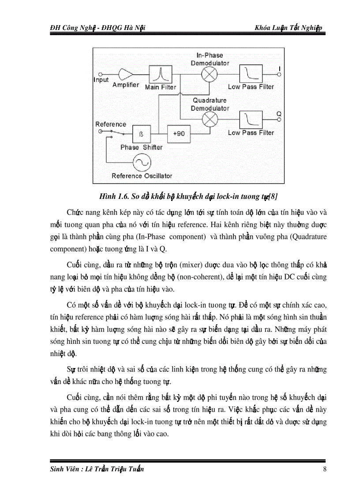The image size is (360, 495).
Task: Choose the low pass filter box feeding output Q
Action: click(x=251, y=119)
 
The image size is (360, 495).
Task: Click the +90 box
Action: click(x=178, y=133)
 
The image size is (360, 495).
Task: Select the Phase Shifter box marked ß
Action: click(x=142, y=133)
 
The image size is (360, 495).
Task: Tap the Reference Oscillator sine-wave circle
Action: click(x=142, y=163)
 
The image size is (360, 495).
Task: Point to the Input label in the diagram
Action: click(x=101, y=80)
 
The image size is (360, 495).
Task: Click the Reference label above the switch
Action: click(x=111, y=124)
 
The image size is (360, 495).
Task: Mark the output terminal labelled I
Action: click(x=279, y=74)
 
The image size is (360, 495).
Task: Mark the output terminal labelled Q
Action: click(x=279, y=119)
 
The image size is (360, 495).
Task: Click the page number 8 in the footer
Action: click(x=325, y=469)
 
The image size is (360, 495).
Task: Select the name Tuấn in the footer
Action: click(x=135, y=469)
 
